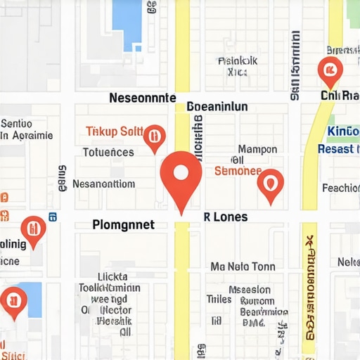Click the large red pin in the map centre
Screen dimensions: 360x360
point(181,174)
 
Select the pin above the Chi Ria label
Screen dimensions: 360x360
point(329,70)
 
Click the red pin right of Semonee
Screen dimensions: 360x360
point(270,183)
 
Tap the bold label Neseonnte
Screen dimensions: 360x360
point(142,99)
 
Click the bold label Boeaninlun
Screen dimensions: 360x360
point(218,107)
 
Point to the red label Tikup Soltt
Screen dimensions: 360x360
point(114,131)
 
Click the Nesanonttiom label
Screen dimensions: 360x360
point(103,184)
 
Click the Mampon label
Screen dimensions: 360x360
point(257,149)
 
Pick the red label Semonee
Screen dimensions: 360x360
point(237,171)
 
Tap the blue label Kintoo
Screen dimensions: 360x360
point(344,131)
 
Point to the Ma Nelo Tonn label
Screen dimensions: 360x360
point(243,266)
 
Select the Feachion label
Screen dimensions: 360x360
point(341,188)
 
